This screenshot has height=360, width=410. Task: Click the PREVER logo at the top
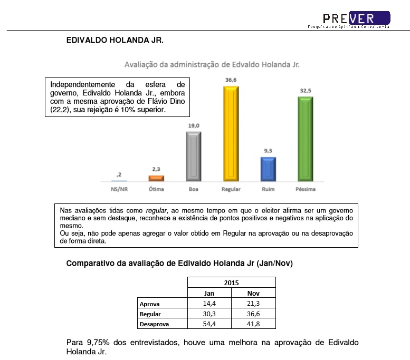pos(356,18)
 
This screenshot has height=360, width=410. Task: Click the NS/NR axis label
pos(119,189)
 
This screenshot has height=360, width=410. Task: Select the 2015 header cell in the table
pos(231,283)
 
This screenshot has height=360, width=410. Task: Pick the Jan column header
pos(209,293)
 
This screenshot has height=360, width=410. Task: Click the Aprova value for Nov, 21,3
pos(253,304)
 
